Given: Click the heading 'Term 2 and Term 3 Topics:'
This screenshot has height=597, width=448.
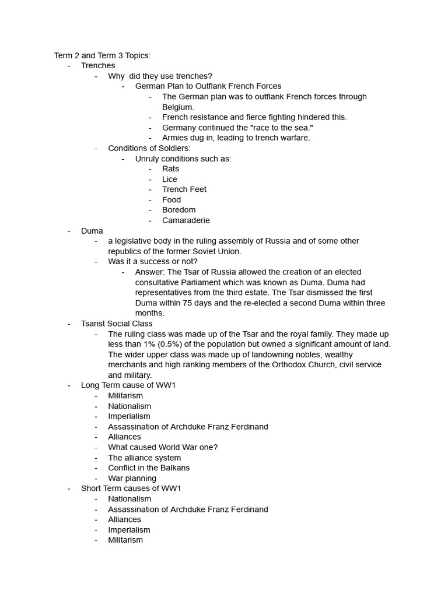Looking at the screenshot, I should pyautogui.click(x=102, y=55).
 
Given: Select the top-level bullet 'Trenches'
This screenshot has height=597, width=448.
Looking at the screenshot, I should pyautogui.click(x=98, y=66).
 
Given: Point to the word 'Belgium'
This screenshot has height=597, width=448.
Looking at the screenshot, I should pyautogui.click(x=177, y=107).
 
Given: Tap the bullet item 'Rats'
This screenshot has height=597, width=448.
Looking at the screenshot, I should pyautogui.click(x=171, y=168).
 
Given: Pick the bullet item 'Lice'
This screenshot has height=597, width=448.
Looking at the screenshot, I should pyautogui.click(x=170, y=179).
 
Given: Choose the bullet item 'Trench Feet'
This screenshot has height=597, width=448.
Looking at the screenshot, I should pyautogui.click(x=184, y=189).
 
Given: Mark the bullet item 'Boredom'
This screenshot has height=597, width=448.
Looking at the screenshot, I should pyautogui.click(x=179, y=210).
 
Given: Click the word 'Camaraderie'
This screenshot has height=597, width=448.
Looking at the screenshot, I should pyautogui.click(x=186, y=220).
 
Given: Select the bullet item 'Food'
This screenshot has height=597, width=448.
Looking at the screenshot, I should pyautogui.click(x=171, y=200).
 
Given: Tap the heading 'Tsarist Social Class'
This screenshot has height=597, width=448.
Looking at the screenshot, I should pyautogui.click(x=117, y=324).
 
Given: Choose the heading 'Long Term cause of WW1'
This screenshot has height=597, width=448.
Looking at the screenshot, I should pyautogui.click(x=128, y=385).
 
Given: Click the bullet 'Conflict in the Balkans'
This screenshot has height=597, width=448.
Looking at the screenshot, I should pyautogui.click(x=149, y=468).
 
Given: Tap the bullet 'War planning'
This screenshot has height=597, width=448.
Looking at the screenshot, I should pyautogui.click(x=132, y=478).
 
